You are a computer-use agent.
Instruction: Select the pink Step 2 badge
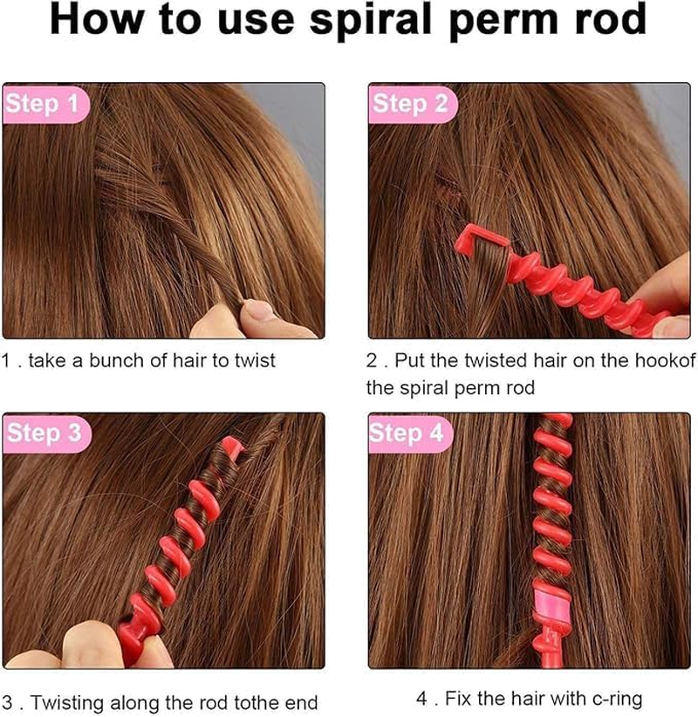point(410,105)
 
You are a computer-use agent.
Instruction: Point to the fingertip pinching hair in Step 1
point(257,311)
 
